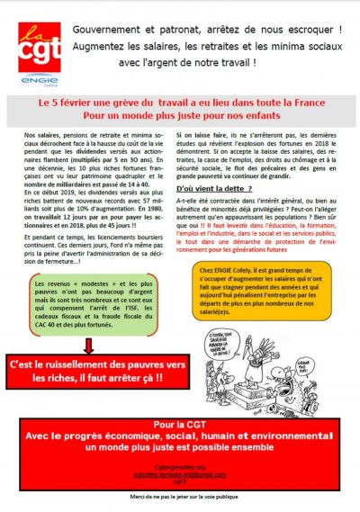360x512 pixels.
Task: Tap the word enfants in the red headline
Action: [270, 117]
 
